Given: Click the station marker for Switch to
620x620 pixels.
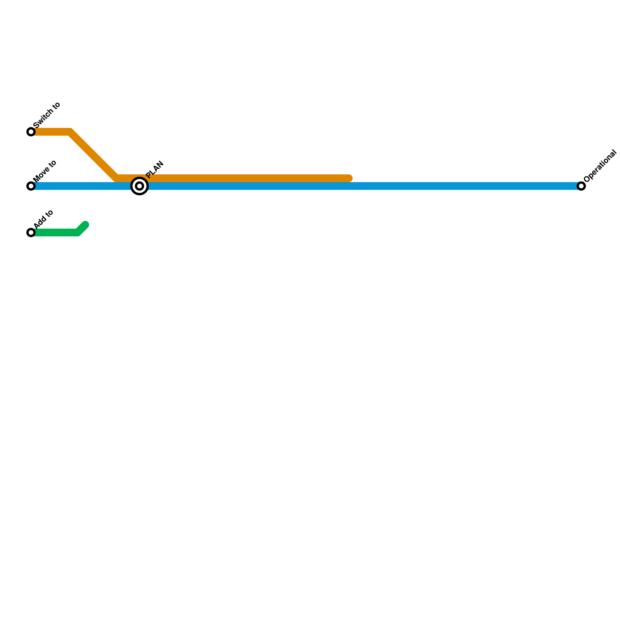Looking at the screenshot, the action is point(31,132).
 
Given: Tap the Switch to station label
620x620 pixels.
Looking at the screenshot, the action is point(47,115).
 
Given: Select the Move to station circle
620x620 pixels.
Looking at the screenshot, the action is point(31,186).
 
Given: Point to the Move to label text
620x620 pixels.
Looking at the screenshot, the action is point(45,171).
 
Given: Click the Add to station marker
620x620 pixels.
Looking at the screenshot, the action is point(31,232).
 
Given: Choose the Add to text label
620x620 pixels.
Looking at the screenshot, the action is point(43,219).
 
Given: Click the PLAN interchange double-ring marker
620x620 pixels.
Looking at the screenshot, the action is point(139,186).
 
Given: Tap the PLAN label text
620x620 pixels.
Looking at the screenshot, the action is point(155,169).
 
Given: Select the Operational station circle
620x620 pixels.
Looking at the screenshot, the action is point(581,186).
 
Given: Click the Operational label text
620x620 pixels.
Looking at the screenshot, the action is point(600,165).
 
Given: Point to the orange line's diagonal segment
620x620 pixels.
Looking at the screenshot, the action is point(93,155).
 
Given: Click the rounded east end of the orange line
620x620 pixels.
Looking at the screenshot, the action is point(349,178).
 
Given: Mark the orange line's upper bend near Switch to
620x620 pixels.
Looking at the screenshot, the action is point(70,132).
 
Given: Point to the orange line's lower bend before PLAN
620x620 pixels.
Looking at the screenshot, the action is point(117,178).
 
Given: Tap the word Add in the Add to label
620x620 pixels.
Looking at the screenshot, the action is point(39,223).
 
